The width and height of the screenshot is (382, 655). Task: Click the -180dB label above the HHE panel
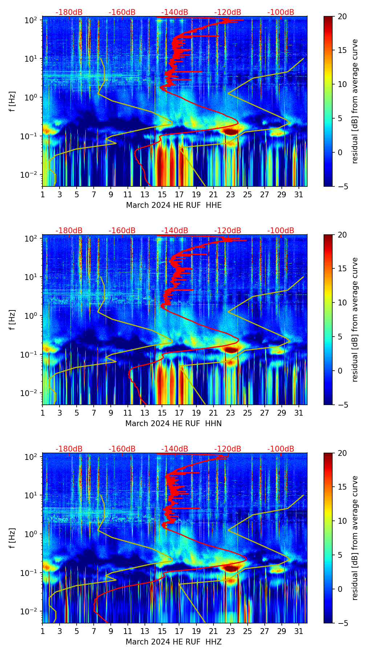69,12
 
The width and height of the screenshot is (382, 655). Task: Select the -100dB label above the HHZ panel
281,449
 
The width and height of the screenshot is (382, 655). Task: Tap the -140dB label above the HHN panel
175,231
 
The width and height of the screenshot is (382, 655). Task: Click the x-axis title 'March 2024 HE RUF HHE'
174,205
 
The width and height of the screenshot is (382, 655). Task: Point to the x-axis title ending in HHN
174,424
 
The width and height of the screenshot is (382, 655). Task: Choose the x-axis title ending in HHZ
174,642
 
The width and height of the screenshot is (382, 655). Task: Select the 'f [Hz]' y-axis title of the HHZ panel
13,539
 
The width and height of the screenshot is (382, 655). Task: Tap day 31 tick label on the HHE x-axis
298,194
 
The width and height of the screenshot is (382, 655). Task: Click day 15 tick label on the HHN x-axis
162,413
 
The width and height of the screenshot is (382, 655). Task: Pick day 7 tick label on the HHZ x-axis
94,631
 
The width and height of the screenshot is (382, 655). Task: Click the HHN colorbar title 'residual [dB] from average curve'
355,320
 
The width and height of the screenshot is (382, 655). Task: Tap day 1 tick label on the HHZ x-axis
42,631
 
